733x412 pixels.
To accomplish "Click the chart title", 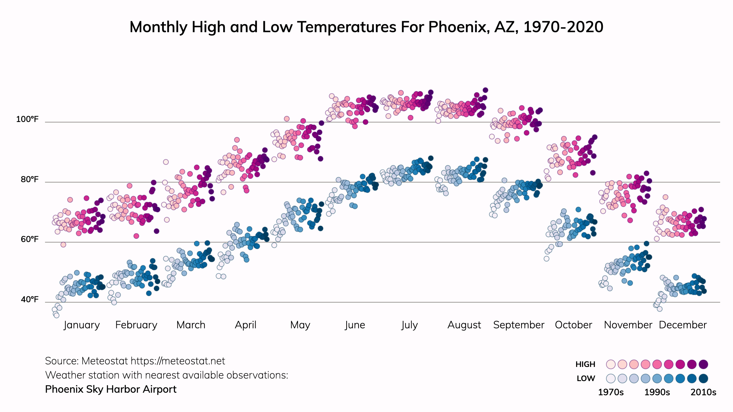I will [x=366, y=27].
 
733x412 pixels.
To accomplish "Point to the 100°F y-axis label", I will [x=27, y=119].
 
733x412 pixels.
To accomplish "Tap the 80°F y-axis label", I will [x=30, y=180].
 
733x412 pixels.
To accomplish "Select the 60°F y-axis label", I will [x=30, y=239].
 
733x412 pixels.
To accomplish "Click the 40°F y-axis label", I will [x=30, y=300].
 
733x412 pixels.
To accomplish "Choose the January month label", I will [x=82, y=325].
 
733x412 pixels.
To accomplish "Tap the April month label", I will [x=246, y=325].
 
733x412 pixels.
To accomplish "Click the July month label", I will [x=410, y=325].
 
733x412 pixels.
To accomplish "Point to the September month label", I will [x=519, y=325].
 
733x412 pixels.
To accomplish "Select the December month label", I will [x=683, y=325].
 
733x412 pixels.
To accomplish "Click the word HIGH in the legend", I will [x=585, y=364].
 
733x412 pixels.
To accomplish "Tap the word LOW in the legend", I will [x=586, y=379].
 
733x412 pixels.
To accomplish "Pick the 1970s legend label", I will [x=611, y=392].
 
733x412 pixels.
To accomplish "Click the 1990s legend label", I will [x=657, y=392].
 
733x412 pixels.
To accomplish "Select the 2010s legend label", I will [x=703, y=392].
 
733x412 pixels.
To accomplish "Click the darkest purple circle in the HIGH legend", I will [x=703, y=364].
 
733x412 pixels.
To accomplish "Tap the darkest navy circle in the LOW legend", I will [x=703, y=379].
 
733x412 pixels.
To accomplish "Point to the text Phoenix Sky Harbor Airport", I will [x=111, y=389].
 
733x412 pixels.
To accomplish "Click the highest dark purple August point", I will [x=485, y=90].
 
